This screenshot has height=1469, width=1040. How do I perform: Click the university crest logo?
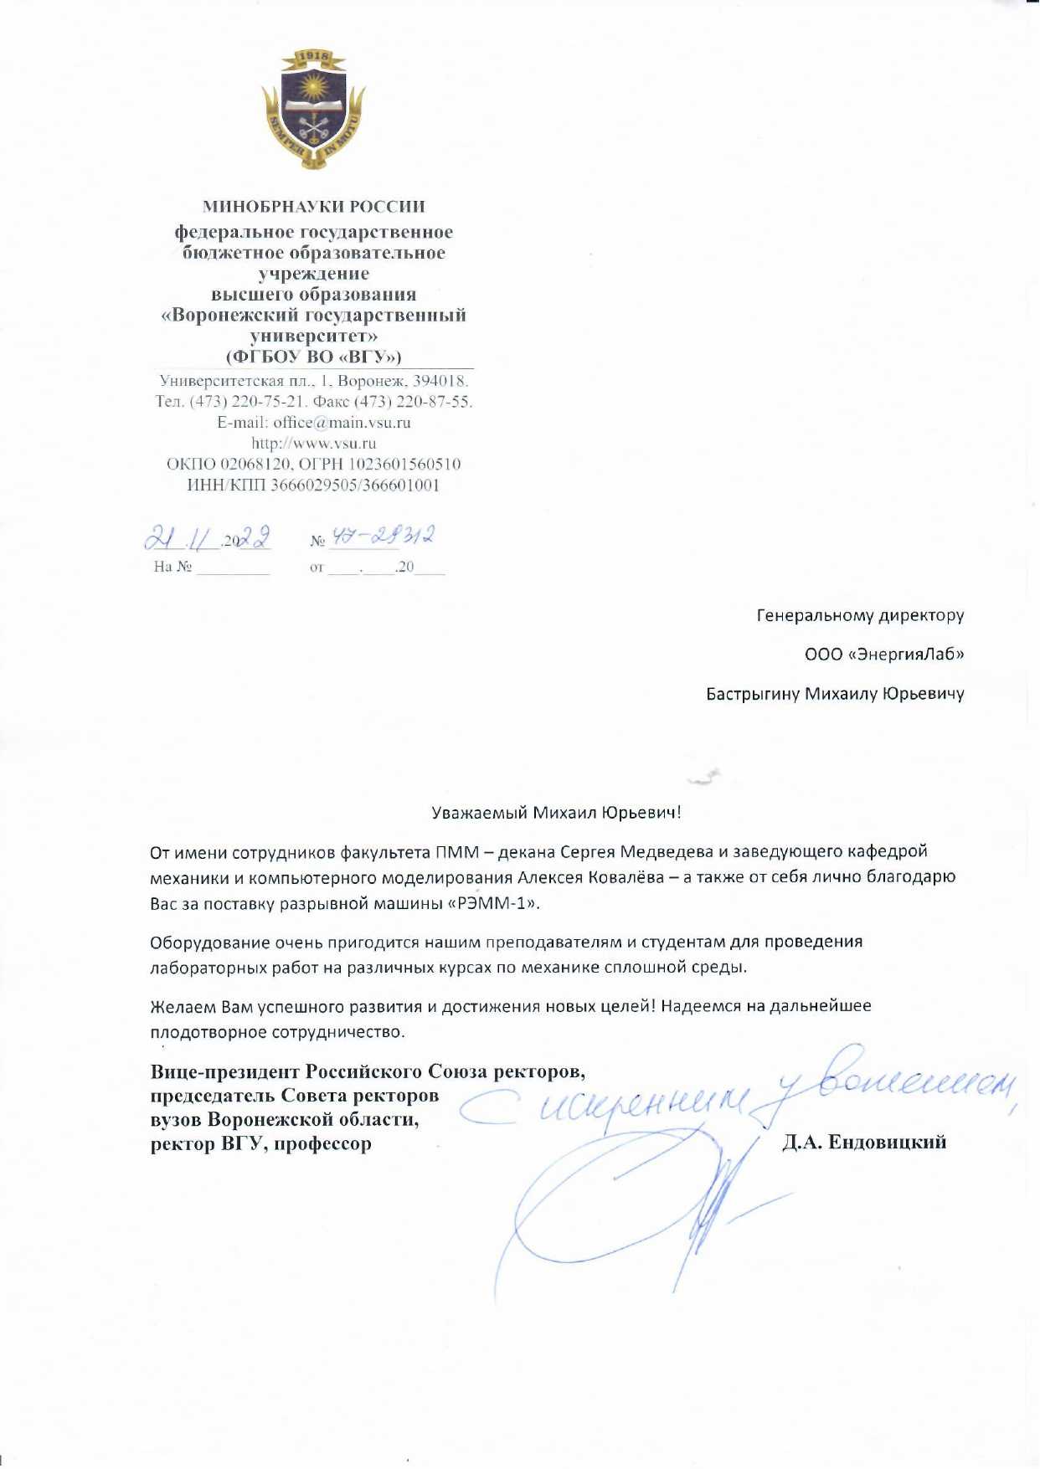coord(313,109)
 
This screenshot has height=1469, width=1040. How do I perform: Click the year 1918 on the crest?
coord(313,59)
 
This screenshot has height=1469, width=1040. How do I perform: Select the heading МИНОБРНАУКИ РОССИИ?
coord(313,206)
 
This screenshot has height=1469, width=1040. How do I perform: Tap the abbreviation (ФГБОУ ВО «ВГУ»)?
coord(313,357)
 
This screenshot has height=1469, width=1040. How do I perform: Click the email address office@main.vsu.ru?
coord(342,423)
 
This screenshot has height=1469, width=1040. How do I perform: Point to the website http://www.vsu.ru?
coord(313,444)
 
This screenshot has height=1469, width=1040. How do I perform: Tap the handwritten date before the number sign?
coord(207,537)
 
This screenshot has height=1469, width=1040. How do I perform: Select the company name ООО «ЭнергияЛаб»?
coord(883,655)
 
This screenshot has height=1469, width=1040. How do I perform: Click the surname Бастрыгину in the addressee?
coord(753,695)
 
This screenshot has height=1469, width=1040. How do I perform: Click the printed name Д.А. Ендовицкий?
coord(864,1143)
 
